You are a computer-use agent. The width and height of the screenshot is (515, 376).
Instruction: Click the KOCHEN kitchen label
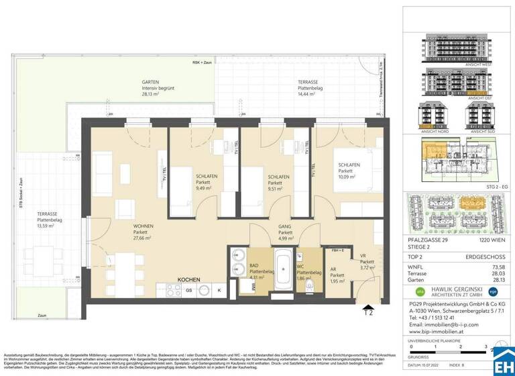point(189,279)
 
